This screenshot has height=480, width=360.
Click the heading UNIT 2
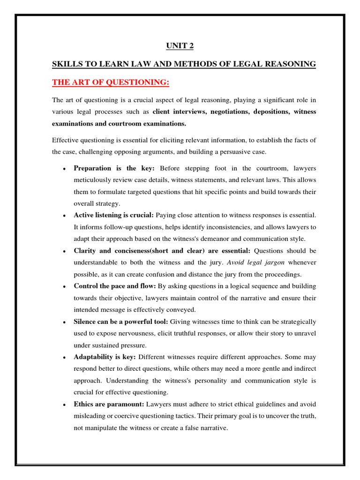click(180, 45)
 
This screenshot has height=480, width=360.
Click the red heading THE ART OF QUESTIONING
click(110, 82)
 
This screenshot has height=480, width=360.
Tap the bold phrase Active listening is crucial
click(113, 215)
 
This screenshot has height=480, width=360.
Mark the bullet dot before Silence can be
click(63, 322)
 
